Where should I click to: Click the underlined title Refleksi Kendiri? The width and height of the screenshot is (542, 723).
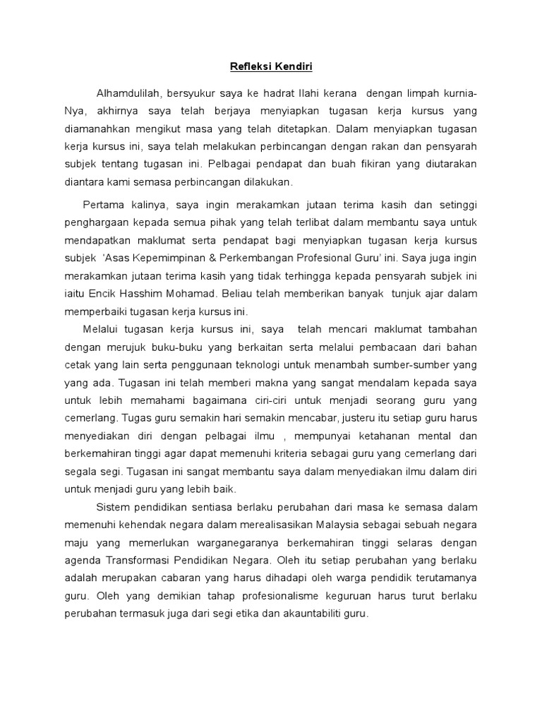pyautogui.click(x=270, y=68)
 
